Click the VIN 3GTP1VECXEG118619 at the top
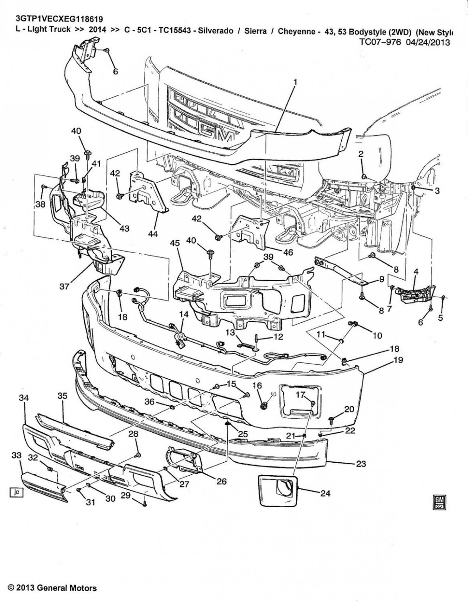59,18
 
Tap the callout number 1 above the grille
296,82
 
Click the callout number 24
325,493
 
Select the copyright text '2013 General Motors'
53,588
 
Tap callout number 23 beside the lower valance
361,463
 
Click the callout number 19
398,360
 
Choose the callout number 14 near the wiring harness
183,315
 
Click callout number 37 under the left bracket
64,287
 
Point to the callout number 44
153,234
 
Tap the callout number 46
288,252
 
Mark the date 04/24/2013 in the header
425,43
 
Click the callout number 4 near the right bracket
416,272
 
